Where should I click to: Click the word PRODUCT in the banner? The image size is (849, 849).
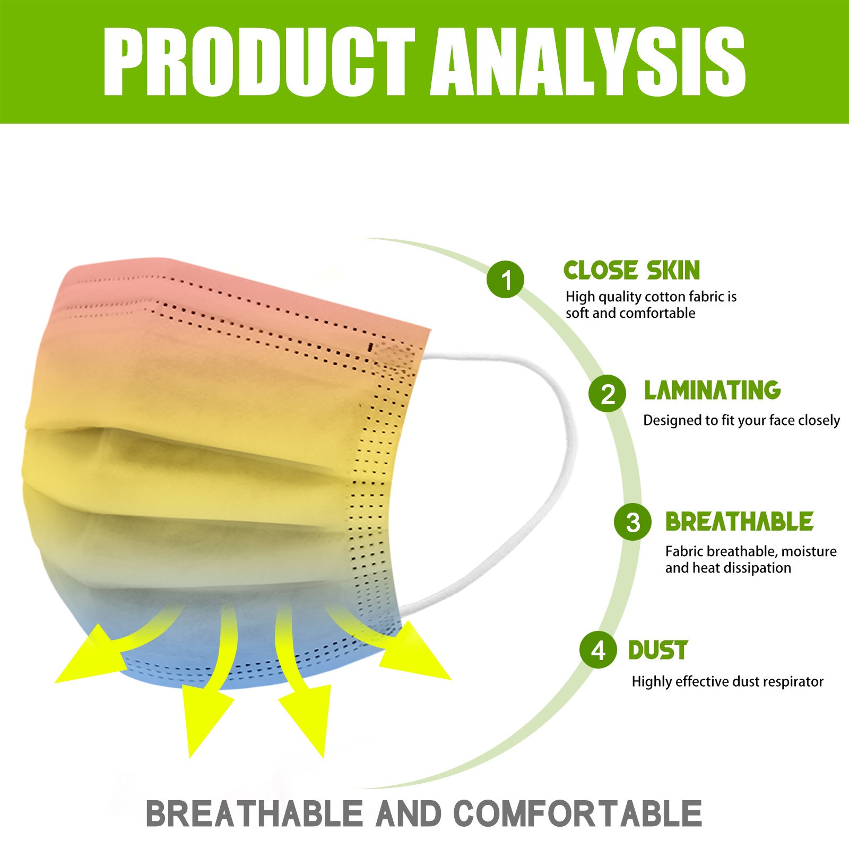click(x=259, y=62)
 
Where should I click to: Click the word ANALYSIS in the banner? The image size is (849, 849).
click(x=588, y=62)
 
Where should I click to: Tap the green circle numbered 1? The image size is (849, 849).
click(x=506, y=279)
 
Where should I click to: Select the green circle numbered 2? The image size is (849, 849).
click(x=607, y=393)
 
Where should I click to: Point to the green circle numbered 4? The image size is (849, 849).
click(x=598, y=649)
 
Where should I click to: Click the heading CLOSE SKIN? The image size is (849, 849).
click(x=631, y=270)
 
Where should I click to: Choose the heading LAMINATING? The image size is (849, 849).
click(x=712, y=390)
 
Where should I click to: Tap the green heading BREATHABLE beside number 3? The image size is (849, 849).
click(x=739, y=521)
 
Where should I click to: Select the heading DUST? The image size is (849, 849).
click(x=658, y=650)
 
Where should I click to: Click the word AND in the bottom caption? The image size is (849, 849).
click(x=409, y=813)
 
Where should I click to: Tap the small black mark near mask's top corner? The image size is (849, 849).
click(x=370, y=347)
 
